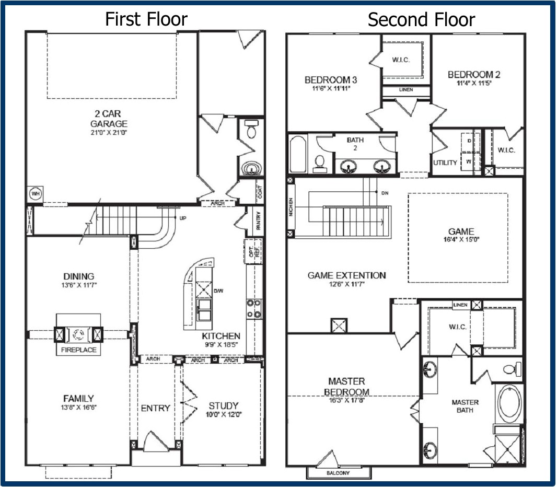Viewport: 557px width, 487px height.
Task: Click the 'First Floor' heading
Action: (x=146, y=19)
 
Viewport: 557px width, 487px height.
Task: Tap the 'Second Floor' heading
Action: (x=421, y=20)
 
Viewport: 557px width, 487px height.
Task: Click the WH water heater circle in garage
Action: (x=36, y=194)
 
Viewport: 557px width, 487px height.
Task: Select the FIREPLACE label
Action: (x=78, y=350)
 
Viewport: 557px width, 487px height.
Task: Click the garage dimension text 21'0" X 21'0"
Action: (x=109, y=133)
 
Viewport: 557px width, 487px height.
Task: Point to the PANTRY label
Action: (x=258, y=220)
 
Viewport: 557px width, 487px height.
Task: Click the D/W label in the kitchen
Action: (x=219, y=291)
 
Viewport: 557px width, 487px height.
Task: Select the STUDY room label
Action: (x=224, y=405)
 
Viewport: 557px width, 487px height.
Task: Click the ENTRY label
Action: (x=155, y=408)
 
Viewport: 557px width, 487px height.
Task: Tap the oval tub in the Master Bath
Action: (x=509, y=403)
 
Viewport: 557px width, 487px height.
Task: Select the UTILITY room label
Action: (x=445, y=163)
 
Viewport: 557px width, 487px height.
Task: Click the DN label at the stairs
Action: (x=385, y=193)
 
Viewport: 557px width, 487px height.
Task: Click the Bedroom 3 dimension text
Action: (x=327, y=88)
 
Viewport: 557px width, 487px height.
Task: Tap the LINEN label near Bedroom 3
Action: (x=405, y=90)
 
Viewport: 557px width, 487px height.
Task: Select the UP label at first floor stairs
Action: (x=183, y=218)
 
